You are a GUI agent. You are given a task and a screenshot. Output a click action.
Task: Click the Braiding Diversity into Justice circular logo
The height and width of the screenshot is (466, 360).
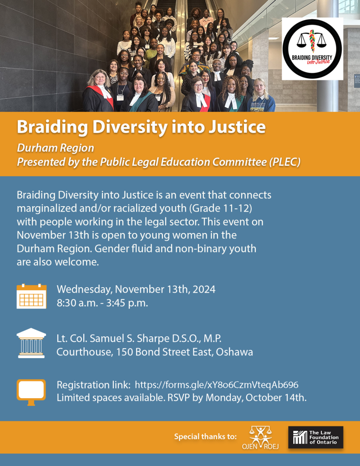pos(312,49)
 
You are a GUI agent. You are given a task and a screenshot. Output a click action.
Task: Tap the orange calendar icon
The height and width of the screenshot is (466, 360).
pos(31,296)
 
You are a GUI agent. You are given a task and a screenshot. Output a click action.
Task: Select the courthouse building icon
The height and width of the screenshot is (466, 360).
pos(31,343)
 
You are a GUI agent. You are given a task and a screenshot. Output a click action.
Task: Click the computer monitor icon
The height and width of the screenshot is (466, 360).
pos(31,392)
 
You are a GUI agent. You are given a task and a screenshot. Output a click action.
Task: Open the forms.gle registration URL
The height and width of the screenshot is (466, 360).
pos(217,385)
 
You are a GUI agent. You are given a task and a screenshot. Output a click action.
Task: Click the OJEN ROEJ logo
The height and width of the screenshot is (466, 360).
pos(260,438)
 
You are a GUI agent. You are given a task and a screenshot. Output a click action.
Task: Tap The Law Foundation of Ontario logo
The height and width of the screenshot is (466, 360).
pos(316,437)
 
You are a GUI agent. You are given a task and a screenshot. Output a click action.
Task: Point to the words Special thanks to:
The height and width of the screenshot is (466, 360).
pos(205,436)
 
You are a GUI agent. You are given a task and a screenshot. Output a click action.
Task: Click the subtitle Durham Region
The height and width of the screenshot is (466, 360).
pos(56,148)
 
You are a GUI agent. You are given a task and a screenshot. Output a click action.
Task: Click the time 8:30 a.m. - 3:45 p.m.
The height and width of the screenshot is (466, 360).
pos(102,303)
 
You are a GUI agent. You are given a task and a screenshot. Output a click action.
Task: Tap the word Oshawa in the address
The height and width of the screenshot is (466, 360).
pos(234,352)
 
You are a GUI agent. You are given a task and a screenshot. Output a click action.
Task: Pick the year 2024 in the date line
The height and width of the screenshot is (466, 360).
pos(204,289)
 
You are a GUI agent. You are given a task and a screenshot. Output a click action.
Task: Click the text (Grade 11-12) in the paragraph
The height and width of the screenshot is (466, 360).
pos(221,208)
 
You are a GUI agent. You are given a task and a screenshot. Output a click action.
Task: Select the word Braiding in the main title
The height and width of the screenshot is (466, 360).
pos(52,127)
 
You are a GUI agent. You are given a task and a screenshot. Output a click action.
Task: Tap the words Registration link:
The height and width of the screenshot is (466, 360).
pos(94,385)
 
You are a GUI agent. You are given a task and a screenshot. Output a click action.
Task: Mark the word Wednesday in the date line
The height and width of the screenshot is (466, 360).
pos(85,289)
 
